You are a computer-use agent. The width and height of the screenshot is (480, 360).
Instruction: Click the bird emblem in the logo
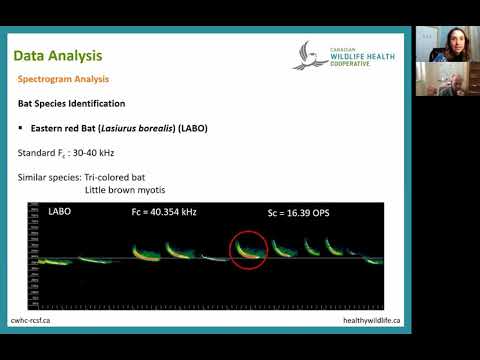311,54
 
